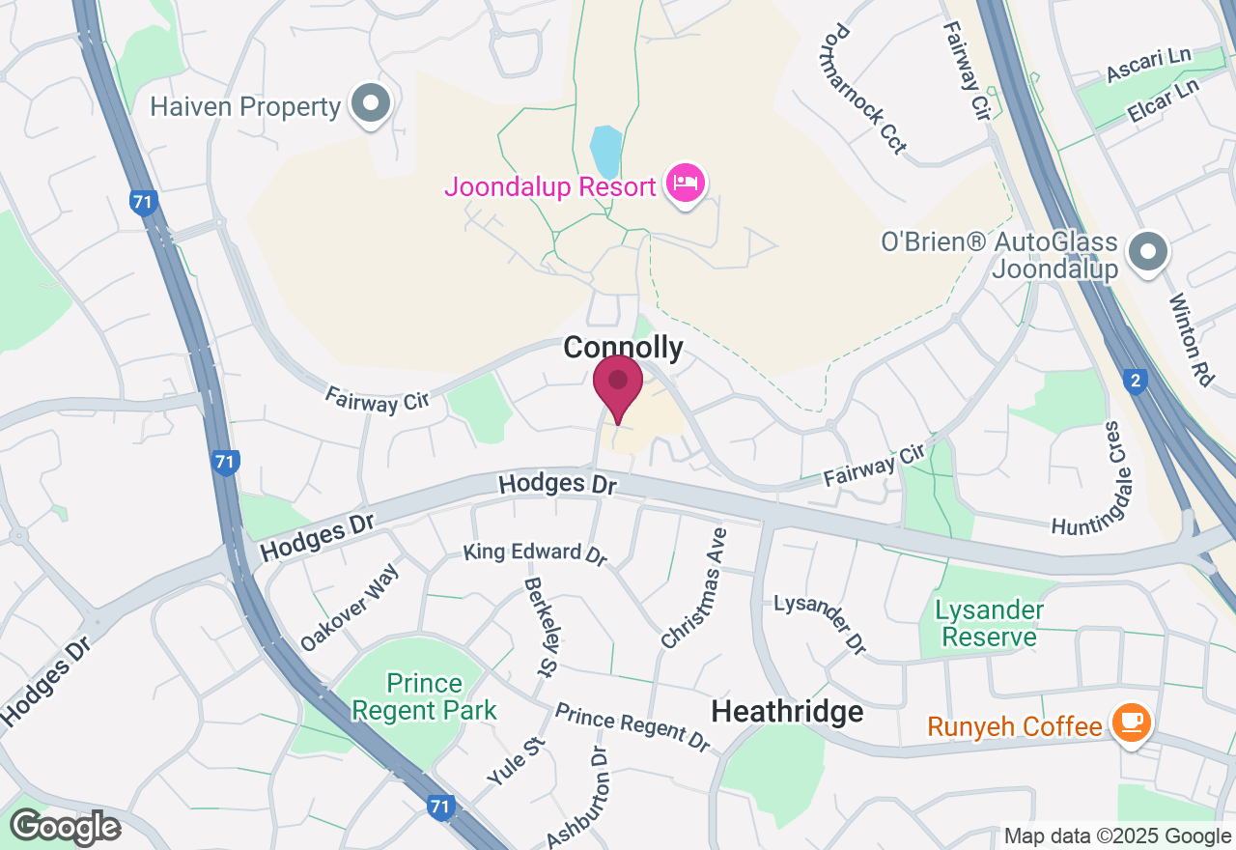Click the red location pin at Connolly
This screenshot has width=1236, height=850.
pyautogui.click(x=618, y=384)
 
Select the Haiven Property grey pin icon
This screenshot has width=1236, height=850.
pyautogui.click(x=369, y=103)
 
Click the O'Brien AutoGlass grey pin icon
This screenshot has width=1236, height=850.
pyautogui.click(x=1148, y=252)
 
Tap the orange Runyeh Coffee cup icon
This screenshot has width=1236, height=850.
pyautogui.click(x=1129, y=723)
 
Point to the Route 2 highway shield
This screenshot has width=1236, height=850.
pyautogui.click(x=1136, y=382)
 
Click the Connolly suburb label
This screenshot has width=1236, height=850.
pyautogui.click(x=623, y=348)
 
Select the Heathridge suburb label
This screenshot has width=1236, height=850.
pyautogui.click(x=787, y=712)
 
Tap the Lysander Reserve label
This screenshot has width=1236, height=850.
pyautogui.click(x=990, y=623)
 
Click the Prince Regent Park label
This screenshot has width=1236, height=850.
pyautogui.click(x=424, y=697)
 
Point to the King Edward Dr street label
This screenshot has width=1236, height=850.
pyautogui.click(x=535, y=553)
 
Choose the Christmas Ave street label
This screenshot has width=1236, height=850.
pyautogui.click(x=694, y=587)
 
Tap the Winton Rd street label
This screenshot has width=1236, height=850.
pyautogui.click(x=1191, y=340)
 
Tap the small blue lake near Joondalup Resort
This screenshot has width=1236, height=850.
pyautogui.click(x=605, y=152)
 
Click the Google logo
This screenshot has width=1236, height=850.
pyautogui.click(x=65, y=827)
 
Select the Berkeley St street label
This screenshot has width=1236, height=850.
pyautogui.click(x=542, y=626)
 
